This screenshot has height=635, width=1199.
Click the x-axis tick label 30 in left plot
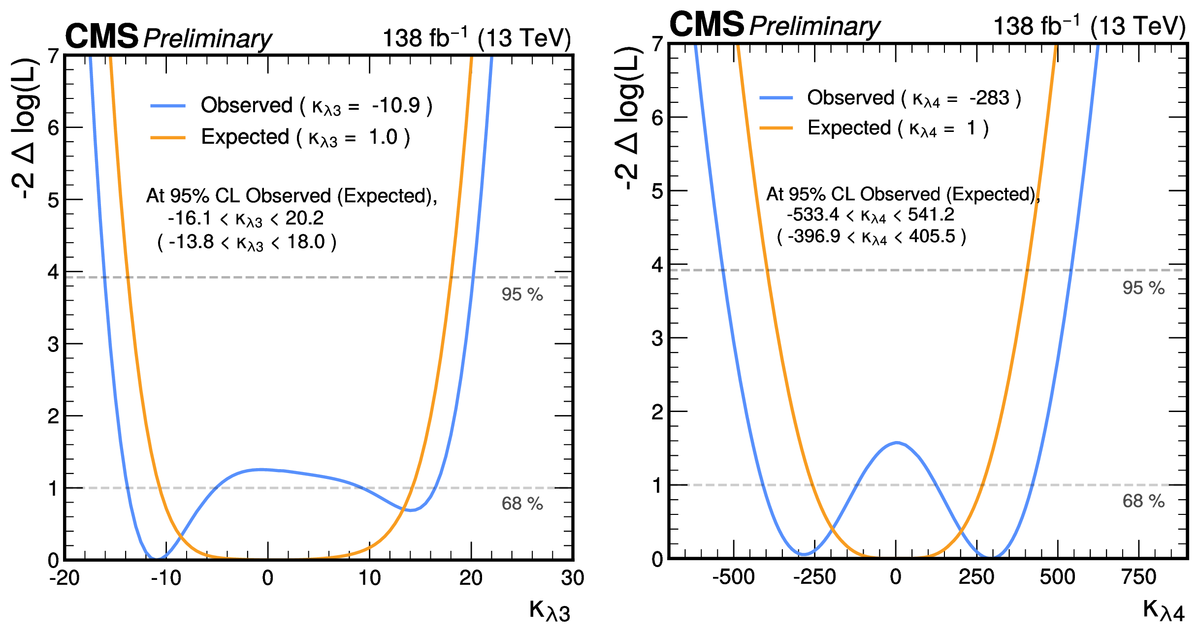click(x=573, y=578)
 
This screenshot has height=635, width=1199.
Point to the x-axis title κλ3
click(x=550, y=611)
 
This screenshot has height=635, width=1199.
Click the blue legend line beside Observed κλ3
click(x=168, y=106)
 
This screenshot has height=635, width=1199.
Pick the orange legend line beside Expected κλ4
click(x=776, y=128)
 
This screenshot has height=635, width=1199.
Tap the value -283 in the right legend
click(x=989, y=98)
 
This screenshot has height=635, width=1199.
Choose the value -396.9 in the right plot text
click(x=813, y=236)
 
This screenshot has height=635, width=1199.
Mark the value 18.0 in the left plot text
click(x=306, y=242)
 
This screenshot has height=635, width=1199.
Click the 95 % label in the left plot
click(x=522, y=294)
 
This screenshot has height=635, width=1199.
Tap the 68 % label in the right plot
click(x=1143, y=501)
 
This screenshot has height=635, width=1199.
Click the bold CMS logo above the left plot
click(x=102, y=36)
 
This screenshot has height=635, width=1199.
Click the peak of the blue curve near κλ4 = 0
click(x=897, y=443)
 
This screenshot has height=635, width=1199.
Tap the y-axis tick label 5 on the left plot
click(x=53, y=200)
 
